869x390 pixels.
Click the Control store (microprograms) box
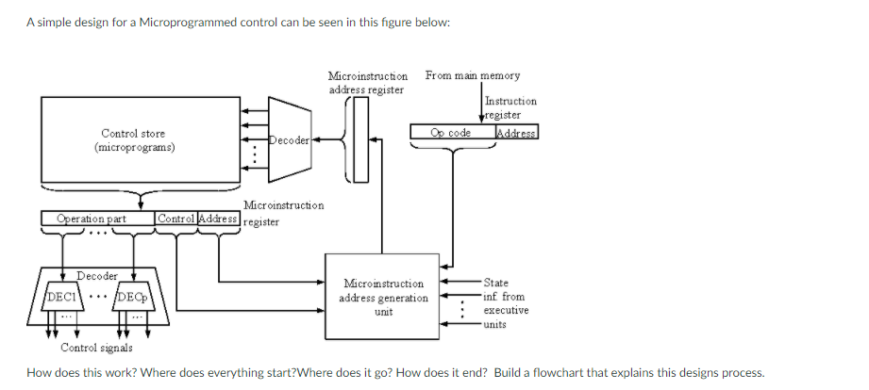coord(139,141)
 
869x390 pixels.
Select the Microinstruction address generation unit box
coord(382,296)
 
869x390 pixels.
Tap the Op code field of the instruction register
coord(451,133)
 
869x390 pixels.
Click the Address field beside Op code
coord(516,133)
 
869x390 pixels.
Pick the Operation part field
coord(92,219)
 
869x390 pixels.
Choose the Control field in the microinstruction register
coord(175,219)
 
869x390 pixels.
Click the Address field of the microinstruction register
coord(218,219)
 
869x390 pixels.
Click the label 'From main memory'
coord(472,75)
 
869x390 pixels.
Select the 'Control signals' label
coord(96,348)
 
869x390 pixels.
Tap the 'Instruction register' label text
coord(510,107)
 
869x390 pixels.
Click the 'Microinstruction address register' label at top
coord(367,82)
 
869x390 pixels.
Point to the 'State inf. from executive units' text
coord(505,302)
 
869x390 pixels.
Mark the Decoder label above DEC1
coord(96,276)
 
